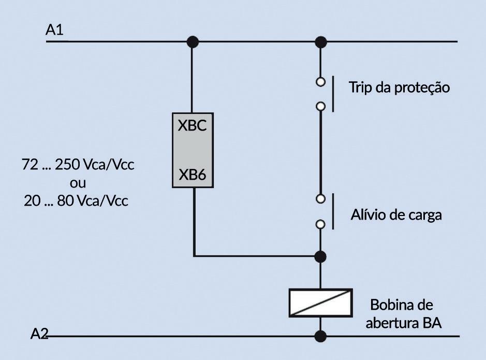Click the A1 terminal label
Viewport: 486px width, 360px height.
pyautogui.click(x=54, y=31)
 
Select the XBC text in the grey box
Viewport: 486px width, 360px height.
pyautogui.click(x=193, y=126)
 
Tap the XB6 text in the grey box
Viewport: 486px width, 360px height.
pyautogui.click(x=193, y=175)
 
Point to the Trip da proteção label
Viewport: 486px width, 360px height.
pyautogui.click(x=399, y=87)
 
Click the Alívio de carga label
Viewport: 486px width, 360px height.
pyautogui.click(x=396, y=214)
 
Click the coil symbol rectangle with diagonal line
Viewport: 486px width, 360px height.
pyautogui.click(x=320, y=303)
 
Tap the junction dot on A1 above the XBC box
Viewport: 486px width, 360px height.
pyautogui.click(x=193, y=41)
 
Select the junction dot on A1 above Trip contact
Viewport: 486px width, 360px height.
pyautogui.click(x=321, y=41)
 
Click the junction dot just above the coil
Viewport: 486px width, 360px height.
pyautogui.click(x=321, y=256)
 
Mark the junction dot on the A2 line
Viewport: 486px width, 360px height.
pyautogui.click(x=321, y=337)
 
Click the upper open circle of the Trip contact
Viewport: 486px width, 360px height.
pyautogui.click(x=321, y=81)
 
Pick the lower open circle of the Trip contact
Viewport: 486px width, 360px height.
pyautogui.click(x=321, y=106)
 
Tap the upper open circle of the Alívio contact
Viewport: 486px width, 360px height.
pyautogui.click(x=321, y=199)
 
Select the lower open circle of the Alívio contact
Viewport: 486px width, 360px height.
pyautogui.click(x=321, y=224)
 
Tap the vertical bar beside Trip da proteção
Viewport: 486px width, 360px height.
pyautogui.click(x=332, y=94)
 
